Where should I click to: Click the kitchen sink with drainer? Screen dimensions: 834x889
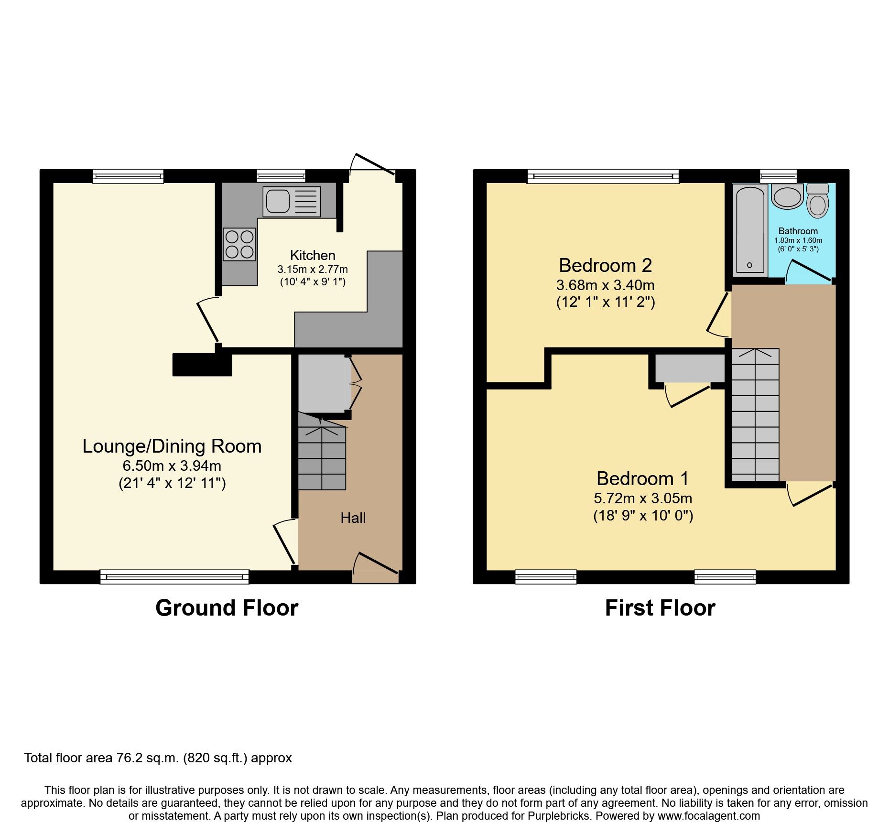point(291,201)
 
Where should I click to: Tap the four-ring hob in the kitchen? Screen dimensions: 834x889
point(239,244)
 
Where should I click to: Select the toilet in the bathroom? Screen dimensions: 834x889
point(817,203)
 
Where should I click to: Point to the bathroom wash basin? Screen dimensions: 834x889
point(787,197)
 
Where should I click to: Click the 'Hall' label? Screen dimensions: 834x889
point(353,518)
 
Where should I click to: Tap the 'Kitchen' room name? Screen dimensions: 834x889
point(313,255)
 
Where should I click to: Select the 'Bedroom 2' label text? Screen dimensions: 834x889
point(605,265)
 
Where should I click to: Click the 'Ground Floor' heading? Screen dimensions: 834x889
point(227,608)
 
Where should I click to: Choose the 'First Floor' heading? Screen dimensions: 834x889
point(660,608)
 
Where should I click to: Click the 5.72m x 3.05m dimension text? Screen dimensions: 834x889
point(643,498)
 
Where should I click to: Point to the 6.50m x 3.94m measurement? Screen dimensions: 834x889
point(172,466)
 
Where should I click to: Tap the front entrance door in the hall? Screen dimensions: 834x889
point(376,566)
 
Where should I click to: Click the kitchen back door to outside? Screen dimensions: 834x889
point(373,165)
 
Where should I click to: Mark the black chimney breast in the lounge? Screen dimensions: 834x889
point(202,364)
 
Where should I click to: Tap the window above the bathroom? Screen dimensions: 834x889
point(778,176)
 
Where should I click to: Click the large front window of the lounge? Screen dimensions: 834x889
point(174,577)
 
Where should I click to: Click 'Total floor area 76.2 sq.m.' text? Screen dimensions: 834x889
point(158,758)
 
